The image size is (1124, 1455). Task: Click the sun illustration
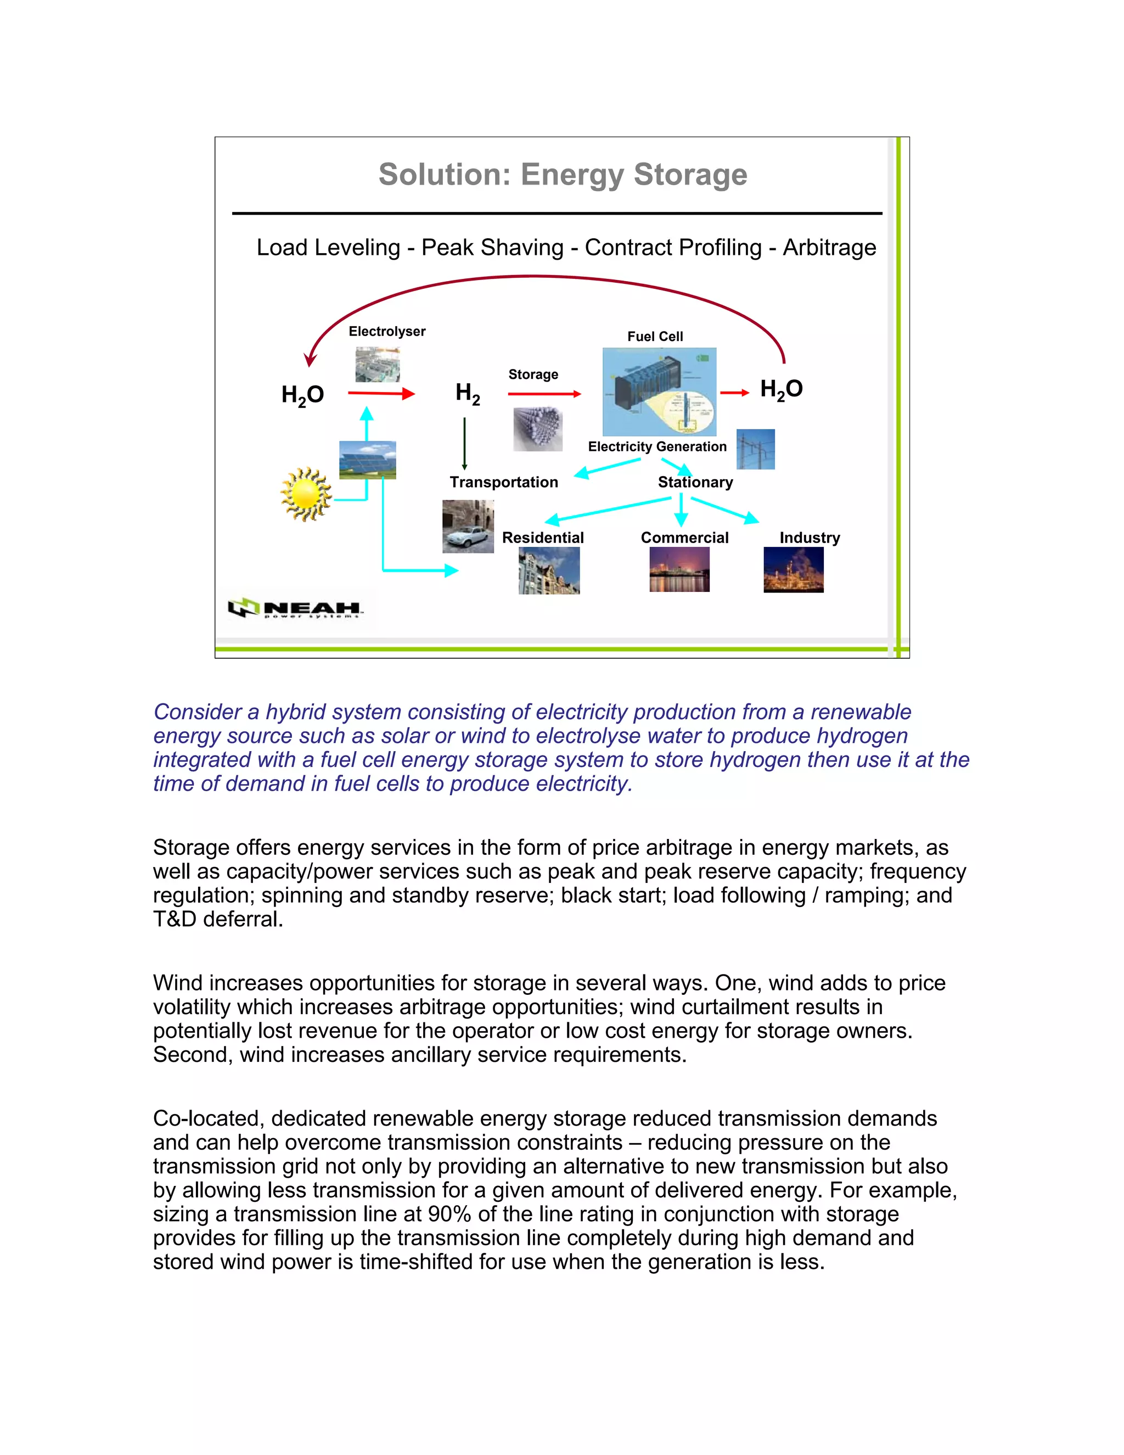(x=306, y=494)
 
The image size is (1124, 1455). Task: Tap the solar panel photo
(x=368, y=460)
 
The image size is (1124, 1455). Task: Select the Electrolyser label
(x=387, y=331)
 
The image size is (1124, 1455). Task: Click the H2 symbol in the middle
(x=468, y=393)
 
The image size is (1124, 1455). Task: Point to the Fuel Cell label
(x=655, y=337)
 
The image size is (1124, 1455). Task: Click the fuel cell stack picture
(x=659, y=391)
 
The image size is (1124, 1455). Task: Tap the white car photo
(x=468, y=527)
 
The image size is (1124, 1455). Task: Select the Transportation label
(x=504, y=482)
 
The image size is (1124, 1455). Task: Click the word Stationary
(x=695, y=482)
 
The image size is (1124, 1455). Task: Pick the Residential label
(x=543, y=538)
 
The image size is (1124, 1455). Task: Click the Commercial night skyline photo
(x=679, y=569)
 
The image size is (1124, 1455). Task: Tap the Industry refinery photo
(x=793, y=569)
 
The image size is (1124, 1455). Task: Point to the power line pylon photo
(x=755, y=449)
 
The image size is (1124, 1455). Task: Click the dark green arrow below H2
(x=464, y=444)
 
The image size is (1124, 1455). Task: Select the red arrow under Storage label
(x=544, y=394)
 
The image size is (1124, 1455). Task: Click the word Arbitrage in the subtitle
(x=829, y=247)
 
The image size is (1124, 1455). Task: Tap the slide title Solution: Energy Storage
(x=563, y=175)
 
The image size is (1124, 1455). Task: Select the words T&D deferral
(x=218, y=919)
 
